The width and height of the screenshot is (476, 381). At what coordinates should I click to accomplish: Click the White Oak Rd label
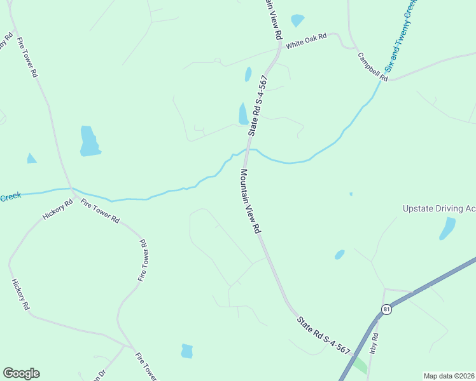[306, 41]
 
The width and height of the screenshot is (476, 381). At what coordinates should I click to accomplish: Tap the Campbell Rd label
[372, 66]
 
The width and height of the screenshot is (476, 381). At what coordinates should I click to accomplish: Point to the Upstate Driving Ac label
[439, 208]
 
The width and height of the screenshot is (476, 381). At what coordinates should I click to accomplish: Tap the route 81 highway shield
[387, 309]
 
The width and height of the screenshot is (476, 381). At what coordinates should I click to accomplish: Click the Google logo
[21, 373]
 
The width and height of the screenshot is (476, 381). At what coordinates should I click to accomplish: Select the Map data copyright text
[449, 376]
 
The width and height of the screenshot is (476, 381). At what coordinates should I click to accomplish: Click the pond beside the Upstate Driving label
[448, 228]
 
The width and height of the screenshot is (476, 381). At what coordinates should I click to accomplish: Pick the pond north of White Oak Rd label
[297, 20]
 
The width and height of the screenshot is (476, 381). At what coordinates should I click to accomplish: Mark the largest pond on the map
[89, 141]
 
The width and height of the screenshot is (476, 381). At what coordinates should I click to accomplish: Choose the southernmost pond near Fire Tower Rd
[186, 351]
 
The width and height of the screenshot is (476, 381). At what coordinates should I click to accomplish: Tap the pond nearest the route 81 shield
[340, 255]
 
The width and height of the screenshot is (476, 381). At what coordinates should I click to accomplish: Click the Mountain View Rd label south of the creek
[251, 201]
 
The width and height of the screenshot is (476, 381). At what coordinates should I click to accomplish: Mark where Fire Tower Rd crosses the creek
[71, 189]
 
